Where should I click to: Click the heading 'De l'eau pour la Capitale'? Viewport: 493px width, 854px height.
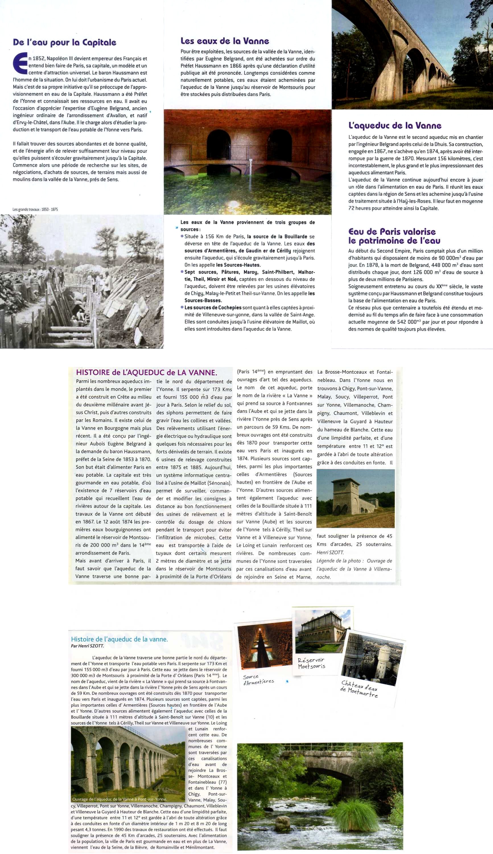click(64, 42)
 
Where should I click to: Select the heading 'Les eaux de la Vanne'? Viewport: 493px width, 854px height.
click(224, 41)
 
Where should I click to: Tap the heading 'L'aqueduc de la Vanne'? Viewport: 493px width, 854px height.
click(395, 125)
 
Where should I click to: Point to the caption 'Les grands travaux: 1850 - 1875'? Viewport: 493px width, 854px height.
click(35, 209)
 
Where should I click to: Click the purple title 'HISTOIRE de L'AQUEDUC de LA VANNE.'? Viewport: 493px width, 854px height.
click(146, 372)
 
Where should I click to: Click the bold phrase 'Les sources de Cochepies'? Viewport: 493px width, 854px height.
click(213, 308)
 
